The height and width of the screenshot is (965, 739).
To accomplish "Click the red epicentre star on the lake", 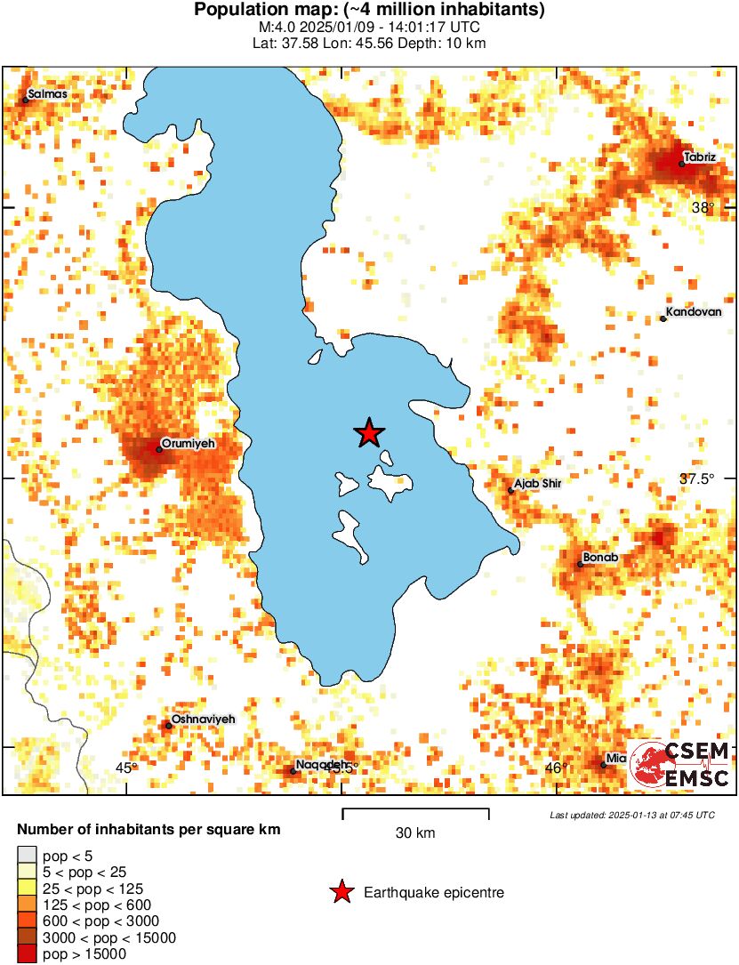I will [369, 433].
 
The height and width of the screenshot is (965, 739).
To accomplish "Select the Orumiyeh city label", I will [189, 442].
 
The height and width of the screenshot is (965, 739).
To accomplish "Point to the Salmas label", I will [47, 93].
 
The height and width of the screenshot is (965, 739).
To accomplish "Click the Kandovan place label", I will [694, 312].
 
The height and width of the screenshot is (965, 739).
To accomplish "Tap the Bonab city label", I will [600, 557].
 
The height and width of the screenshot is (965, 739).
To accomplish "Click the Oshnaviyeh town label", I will [203, 719].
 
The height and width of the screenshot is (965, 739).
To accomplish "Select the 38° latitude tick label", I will [703, 208].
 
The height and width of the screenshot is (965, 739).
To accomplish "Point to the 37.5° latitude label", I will [697, 478].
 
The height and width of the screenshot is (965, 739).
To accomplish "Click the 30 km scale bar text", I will [415, 833].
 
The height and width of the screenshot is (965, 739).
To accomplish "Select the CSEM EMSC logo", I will [680, 765].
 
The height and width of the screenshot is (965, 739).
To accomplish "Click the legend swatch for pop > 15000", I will [28, 954].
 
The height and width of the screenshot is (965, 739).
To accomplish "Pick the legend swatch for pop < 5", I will [28, 856].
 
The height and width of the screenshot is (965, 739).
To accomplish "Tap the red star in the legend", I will [341, 892].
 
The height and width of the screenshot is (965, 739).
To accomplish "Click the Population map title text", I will [369, 11].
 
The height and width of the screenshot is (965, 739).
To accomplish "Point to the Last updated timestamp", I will [631, 815].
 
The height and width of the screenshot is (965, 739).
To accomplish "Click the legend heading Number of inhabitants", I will [149, 830].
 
